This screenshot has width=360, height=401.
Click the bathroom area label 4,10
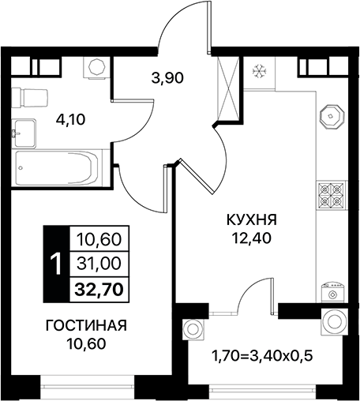[x=69, y=122]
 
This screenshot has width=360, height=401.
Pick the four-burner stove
[x=331, y=193]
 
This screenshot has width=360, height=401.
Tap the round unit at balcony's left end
[x=192, y=325]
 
